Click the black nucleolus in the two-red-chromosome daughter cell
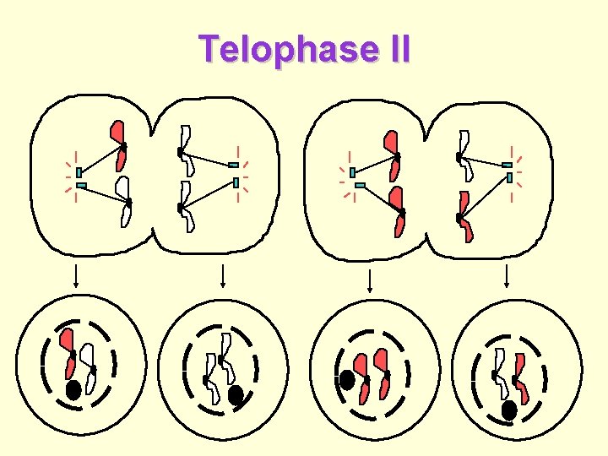click(346, 381)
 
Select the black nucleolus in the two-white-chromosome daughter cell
click(236, 394)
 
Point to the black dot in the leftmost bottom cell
click(74, 390)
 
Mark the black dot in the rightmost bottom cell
click(509, 410)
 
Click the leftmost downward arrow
click(77, 276)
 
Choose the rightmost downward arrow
click(507, 276)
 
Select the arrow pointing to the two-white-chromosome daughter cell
click(222, 276)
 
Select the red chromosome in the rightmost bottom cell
click(522, 378)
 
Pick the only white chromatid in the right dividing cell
click(464, 155)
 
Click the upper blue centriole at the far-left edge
click(79, 172)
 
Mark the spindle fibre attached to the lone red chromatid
click(100, 160)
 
